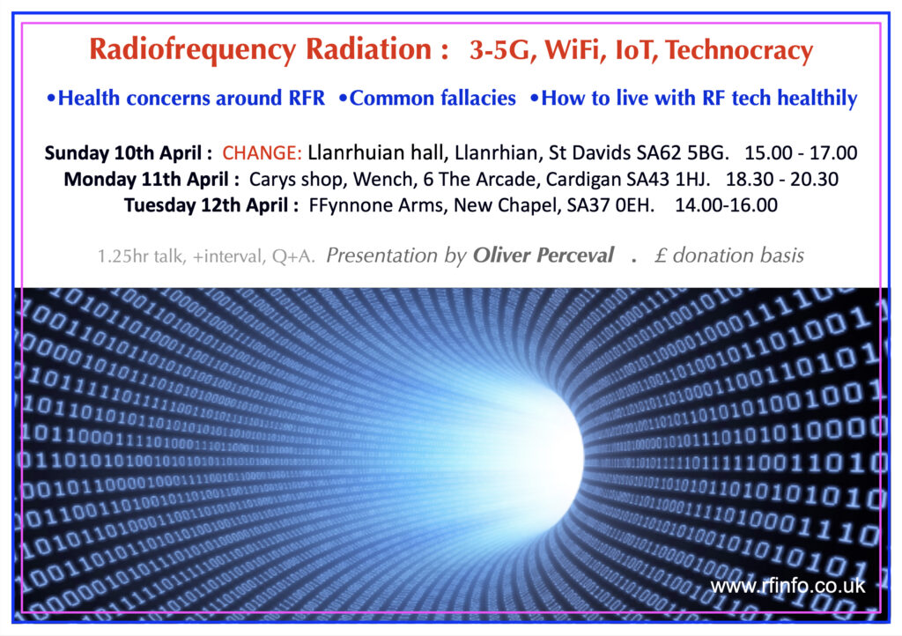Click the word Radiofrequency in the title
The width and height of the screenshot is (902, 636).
[x=193, y=49]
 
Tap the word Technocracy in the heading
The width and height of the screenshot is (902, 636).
[x=739, y=50]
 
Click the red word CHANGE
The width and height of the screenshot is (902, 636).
[x=262, y=153]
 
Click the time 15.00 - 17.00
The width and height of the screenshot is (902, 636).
[x=801, y=153]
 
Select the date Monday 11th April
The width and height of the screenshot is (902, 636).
[x=147, y=180]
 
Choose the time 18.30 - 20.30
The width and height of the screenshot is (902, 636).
[x=782, y=180]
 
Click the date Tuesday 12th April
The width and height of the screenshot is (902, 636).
[x=206, y=205]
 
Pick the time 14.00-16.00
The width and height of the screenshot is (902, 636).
[x=726, y=205]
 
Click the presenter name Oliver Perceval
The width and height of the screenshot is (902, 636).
[x=543, y=255]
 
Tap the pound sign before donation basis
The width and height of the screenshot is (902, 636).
[x=661, y=255]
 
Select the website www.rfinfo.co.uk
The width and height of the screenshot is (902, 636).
[x=787, y=586]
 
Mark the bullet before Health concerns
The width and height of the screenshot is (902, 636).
[x=51, y=99]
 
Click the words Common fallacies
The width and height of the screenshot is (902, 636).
[x=433, y=99]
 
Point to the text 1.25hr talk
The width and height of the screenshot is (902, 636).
[x=141, y=256]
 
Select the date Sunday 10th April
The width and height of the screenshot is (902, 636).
[x=123, y=153]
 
